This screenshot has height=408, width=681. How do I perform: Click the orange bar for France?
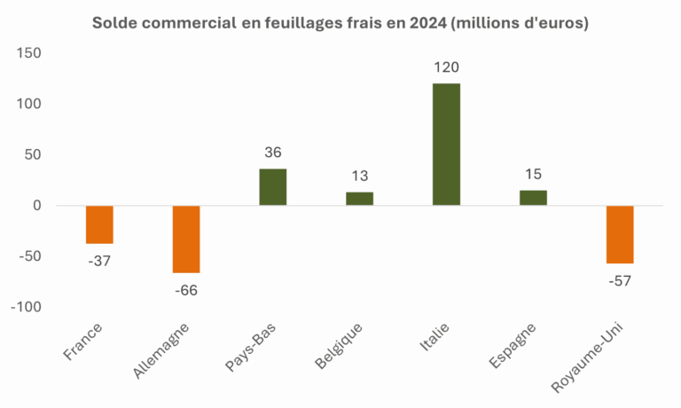[x=99, y=224]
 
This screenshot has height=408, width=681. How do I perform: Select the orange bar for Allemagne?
[x=186, y=239]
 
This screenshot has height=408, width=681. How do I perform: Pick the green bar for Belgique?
[x=359, y=199]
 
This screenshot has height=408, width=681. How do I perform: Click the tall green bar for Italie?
[x=446, y=144]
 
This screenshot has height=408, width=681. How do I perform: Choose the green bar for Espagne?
[x=533, y=198]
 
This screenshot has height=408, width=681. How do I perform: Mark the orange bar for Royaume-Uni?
[x=620, y=234]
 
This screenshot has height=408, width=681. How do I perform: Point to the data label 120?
[x=446, y=67]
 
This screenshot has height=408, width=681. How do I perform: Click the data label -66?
[x=186, y=289]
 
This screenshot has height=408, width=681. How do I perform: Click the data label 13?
[x=359, y=177]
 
